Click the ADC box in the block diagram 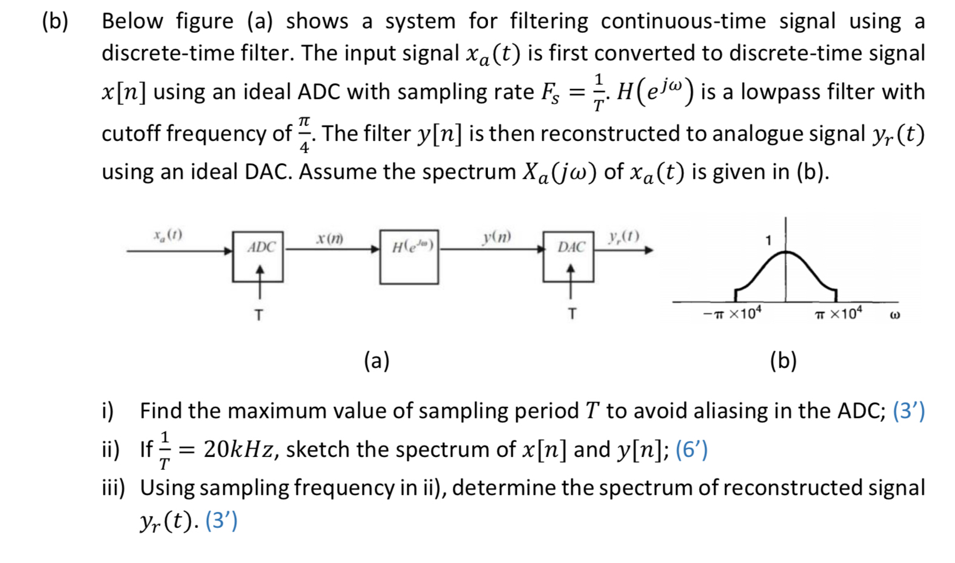pyautogui.click(x=257, y=256)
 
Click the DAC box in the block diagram pyautogui.click(x=568, y=256)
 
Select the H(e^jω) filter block pyautogui.click(x=409, y=257)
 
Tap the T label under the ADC pyautogui.click(x=259, y=315)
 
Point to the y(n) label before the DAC pyautogui.click(x=497, y=236)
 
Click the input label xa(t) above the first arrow pyautogui.click(x=168, y=234)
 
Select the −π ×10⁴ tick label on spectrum pyautogui.click(x=732, y=314)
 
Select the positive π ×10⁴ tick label pyautogui.click(x=838, y=314)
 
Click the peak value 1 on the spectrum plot pyautogui.click(x=768, y=241)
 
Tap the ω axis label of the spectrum pyautogui.click(x=896, y=315)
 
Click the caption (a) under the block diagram pyautogui.click(x=376, y=361)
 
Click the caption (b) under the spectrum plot pyautogui.click(x=783, y=361)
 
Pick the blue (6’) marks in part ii pyautogui.click(x=691, y=450)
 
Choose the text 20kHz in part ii pyautogui.click(x=240, y=450)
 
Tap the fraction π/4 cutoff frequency pyautogui.click(x=304, y=133)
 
